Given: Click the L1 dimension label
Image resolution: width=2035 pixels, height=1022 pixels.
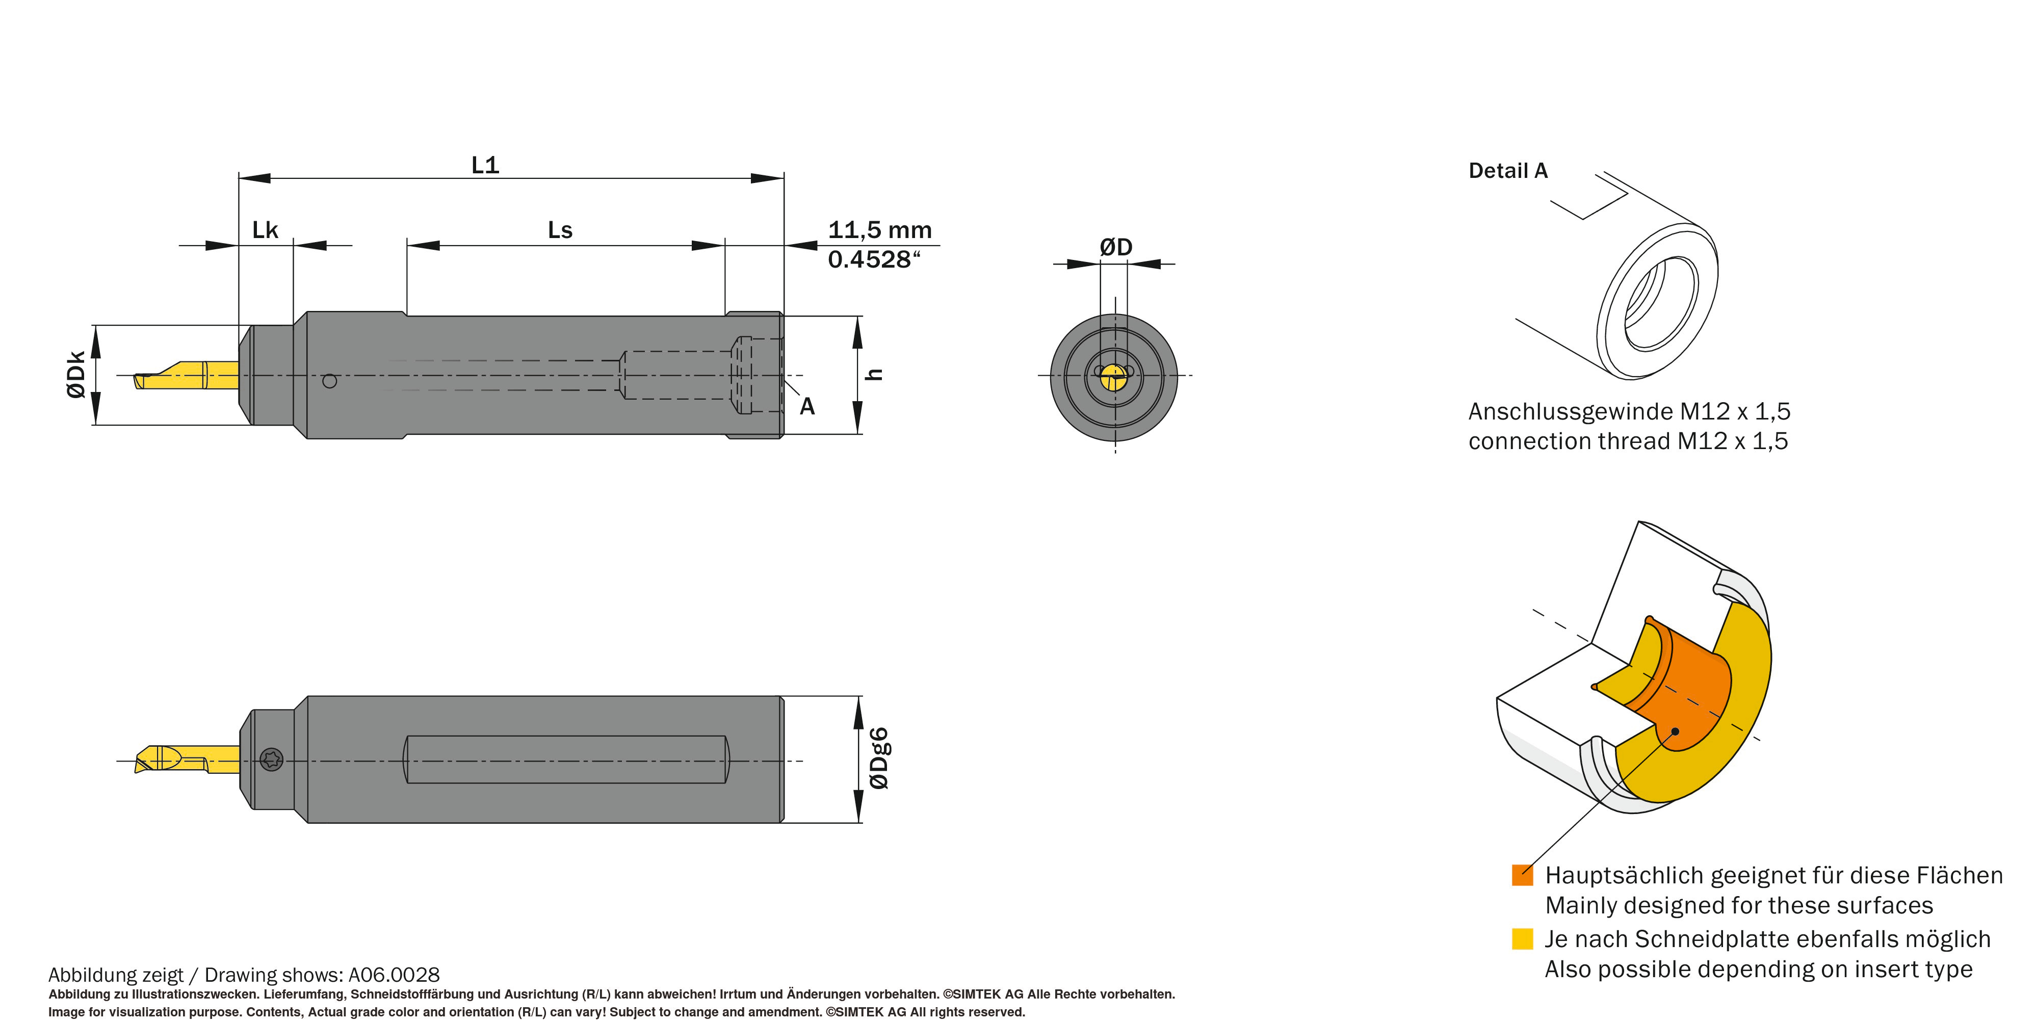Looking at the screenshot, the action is click(485, 165).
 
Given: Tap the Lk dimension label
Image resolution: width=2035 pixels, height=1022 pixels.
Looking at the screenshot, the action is click(265, 230).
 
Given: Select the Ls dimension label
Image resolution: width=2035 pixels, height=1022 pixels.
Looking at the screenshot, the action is click(560, 230).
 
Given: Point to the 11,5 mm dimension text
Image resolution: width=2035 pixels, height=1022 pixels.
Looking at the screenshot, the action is click(879, 230).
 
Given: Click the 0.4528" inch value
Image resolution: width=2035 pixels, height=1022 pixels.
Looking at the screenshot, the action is click(874, 259).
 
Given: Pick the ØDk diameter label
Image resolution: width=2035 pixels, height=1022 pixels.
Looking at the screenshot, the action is click(76, 374).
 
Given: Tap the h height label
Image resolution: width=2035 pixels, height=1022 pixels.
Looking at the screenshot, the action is click(874, 374).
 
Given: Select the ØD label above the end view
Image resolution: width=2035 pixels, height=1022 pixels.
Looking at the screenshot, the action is click(1115, 247).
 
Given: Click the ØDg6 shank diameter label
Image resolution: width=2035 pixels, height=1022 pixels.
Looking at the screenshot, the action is click(878, 758).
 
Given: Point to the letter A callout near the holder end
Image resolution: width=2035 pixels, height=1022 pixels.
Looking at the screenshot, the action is click(806, 406).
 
